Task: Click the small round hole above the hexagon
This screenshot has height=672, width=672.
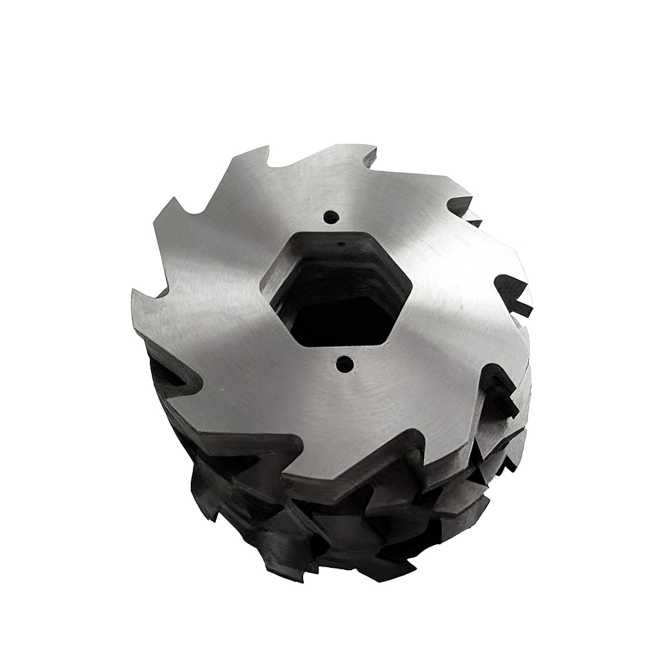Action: (330, 217)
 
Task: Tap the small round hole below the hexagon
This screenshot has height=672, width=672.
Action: (344, 365)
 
